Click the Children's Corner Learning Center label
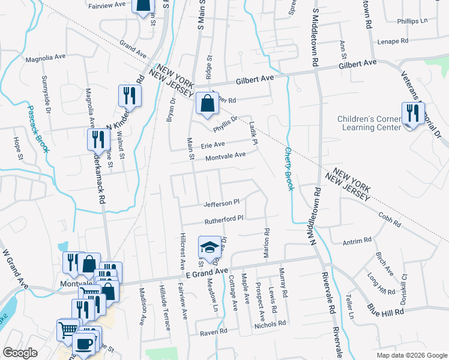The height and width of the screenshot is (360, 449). pyautogui.click(x=369, y=123)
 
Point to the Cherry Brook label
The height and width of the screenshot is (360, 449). pyautogui.click(x=289, y=169)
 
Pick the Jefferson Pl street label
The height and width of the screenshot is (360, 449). pyautogui.click(x=221, y=203)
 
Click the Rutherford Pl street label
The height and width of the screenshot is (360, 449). pyautogui.click(x=223, y=220)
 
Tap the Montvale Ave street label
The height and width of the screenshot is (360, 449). pyautogui.click(x=226, y=155)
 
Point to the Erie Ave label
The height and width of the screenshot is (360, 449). pyautogui.click(x=212, y=145)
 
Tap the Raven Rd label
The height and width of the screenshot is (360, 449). pyautogui.click(x=214, y=331)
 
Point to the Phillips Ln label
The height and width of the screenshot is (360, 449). pyautogui.click(x=412, y=21)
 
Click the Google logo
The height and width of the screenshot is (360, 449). pyautogui.click(x=20, y=353)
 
